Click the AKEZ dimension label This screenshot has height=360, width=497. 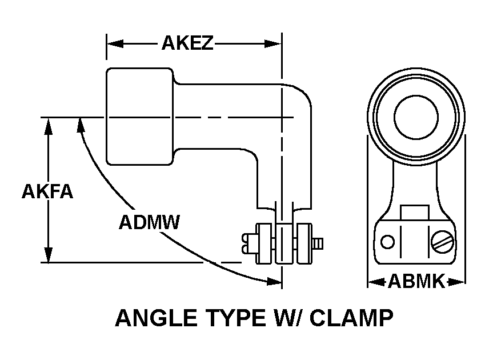point(187,43)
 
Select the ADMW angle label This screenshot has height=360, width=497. point(149,221)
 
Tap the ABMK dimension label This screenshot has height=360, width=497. point(416,281)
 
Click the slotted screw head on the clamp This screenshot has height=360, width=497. point(443,242)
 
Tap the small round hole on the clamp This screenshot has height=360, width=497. point(388,242)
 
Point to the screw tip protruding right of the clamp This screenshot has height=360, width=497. point(320,244)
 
